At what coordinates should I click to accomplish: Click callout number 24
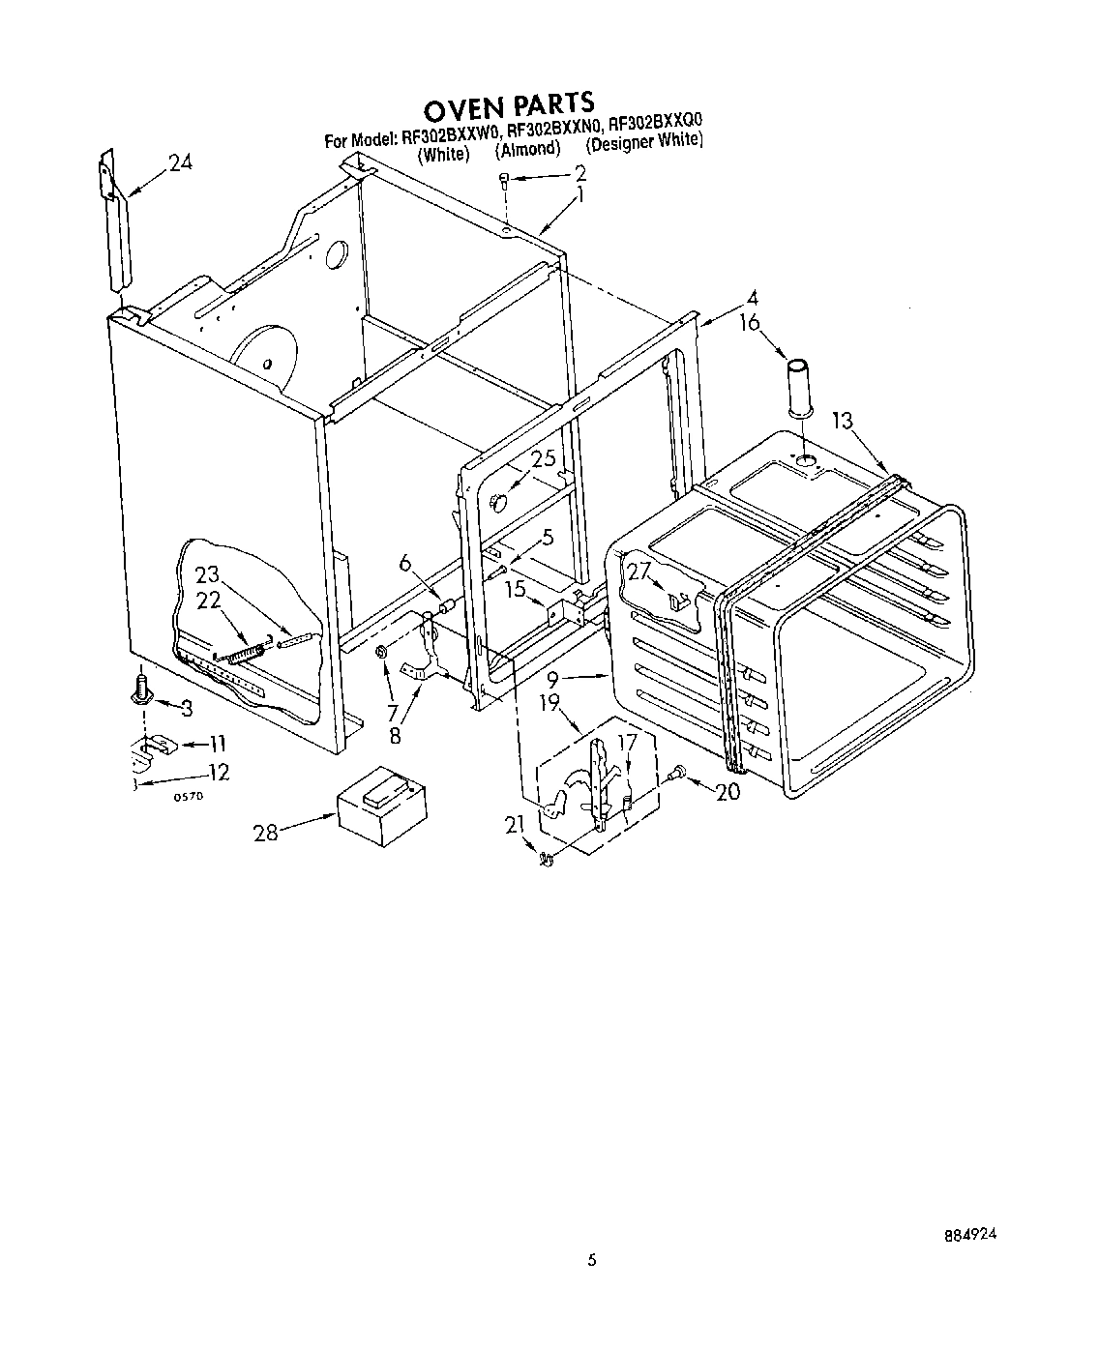click(180, 163)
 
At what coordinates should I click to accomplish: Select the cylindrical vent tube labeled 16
click(799, 390)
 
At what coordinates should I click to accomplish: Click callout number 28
click(266, 831)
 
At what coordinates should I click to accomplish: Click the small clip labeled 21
click(546, 858)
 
